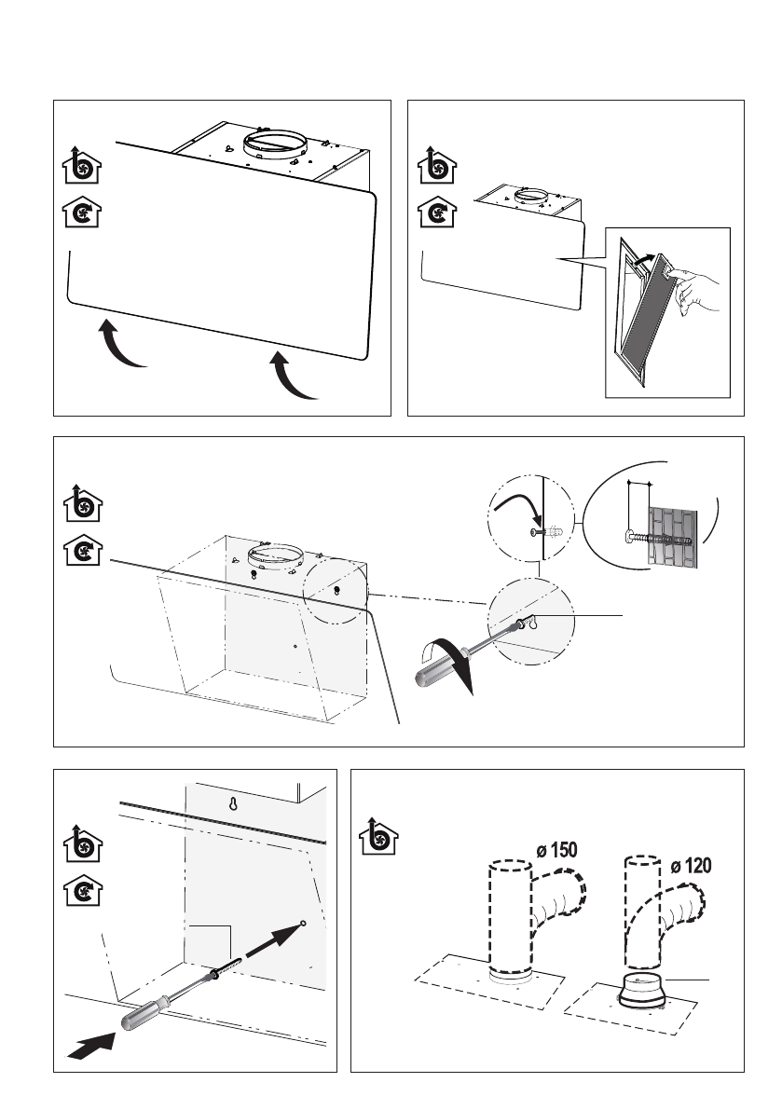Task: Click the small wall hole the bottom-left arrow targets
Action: pos(304,924)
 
